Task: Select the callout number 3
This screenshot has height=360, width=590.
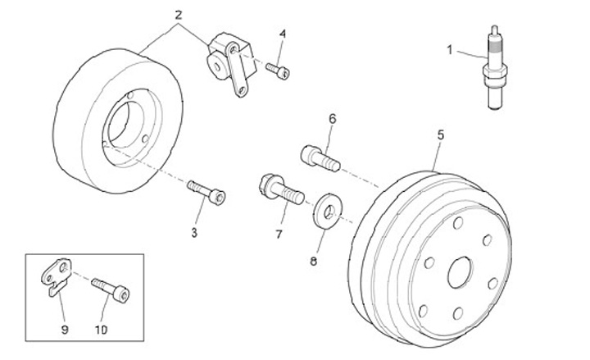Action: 194,233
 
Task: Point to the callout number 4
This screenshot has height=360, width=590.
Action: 282,34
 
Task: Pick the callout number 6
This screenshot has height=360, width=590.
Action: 333,119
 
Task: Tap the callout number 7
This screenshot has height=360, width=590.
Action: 278,234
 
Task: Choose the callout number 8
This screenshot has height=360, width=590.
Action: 312,262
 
